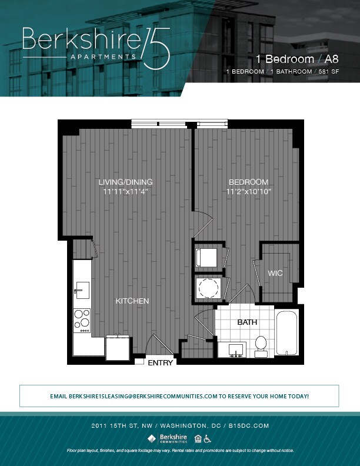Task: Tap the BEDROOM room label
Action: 248,182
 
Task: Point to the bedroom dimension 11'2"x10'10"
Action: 248,192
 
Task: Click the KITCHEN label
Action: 132,301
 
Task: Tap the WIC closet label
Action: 276,274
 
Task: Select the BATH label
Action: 247,322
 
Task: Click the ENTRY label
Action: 160,363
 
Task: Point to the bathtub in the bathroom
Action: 287,333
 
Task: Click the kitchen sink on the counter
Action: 82,290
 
